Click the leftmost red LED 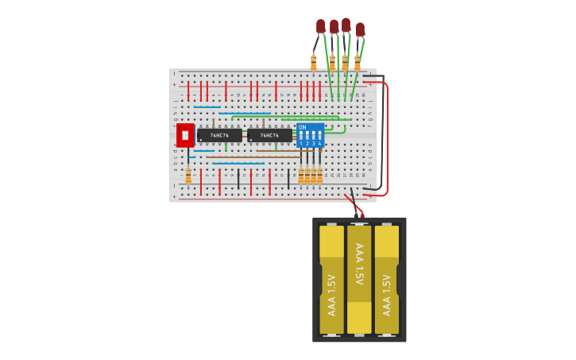(x=320, y=26)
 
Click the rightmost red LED (x=360, y=29)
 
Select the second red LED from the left (x=334, y=27)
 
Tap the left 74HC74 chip (x=219, y=136)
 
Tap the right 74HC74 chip (x=269, y=136)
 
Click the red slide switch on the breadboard (x=185, y=135)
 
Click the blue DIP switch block (x=310, y=135)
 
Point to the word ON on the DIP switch (x=302, y=127)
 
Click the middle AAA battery (x=359, y=278)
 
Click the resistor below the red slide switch (x=188, y=176)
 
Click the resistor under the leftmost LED (x=314, y=62)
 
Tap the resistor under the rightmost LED (x=358, y=62)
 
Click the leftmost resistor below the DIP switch (x=301, y=176)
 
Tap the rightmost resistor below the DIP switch (x=320, y=176)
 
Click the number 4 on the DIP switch (x=319, y=144)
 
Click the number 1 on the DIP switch (x=301, y=144)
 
